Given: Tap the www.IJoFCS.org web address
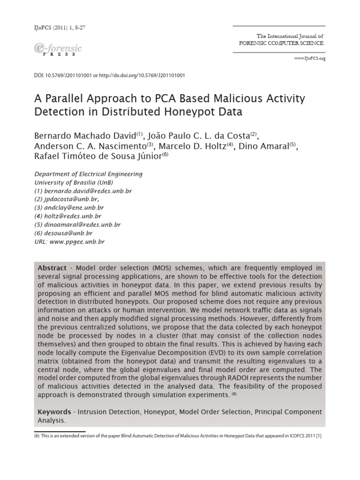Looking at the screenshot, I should (x=309, y=58).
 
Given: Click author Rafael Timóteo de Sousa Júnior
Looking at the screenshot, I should (x=98, y=157).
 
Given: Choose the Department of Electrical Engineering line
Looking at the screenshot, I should (x=89, y=174).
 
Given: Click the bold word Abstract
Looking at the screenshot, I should (x=52, y=268).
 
